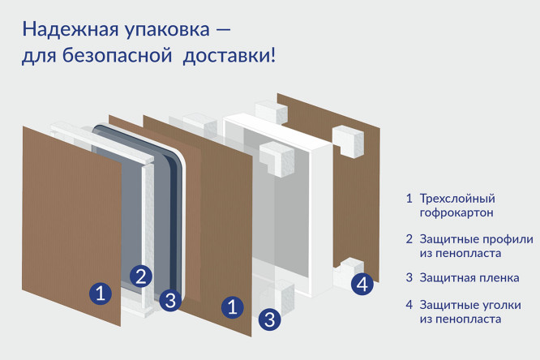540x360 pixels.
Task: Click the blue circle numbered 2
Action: click(141, 276)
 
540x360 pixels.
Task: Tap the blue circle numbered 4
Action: click(362, 284)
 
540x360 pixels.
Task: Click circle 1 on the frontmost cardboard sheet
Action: click(99, 293)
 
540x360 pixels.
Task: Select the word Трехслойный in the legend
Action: click(457, 199)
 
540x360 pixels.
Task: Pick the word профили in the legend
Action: click(506, 239)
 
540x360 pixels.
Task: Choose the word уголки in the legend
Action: click(500, 305)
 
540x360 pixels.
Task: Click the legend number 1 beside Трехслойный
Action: click(409, 199)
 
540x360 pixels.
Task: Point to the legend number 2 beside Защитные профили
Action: click(409, 239)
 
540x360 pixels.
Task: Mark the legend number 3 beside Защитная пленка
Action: click(409, 278)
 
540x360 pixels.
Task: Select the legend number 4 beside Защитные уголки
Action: click(409, 305)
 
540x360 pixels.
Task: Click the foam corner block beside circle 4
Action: click(346, 272)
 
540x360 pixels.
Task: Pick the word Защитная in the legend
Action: click(448, 278)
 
